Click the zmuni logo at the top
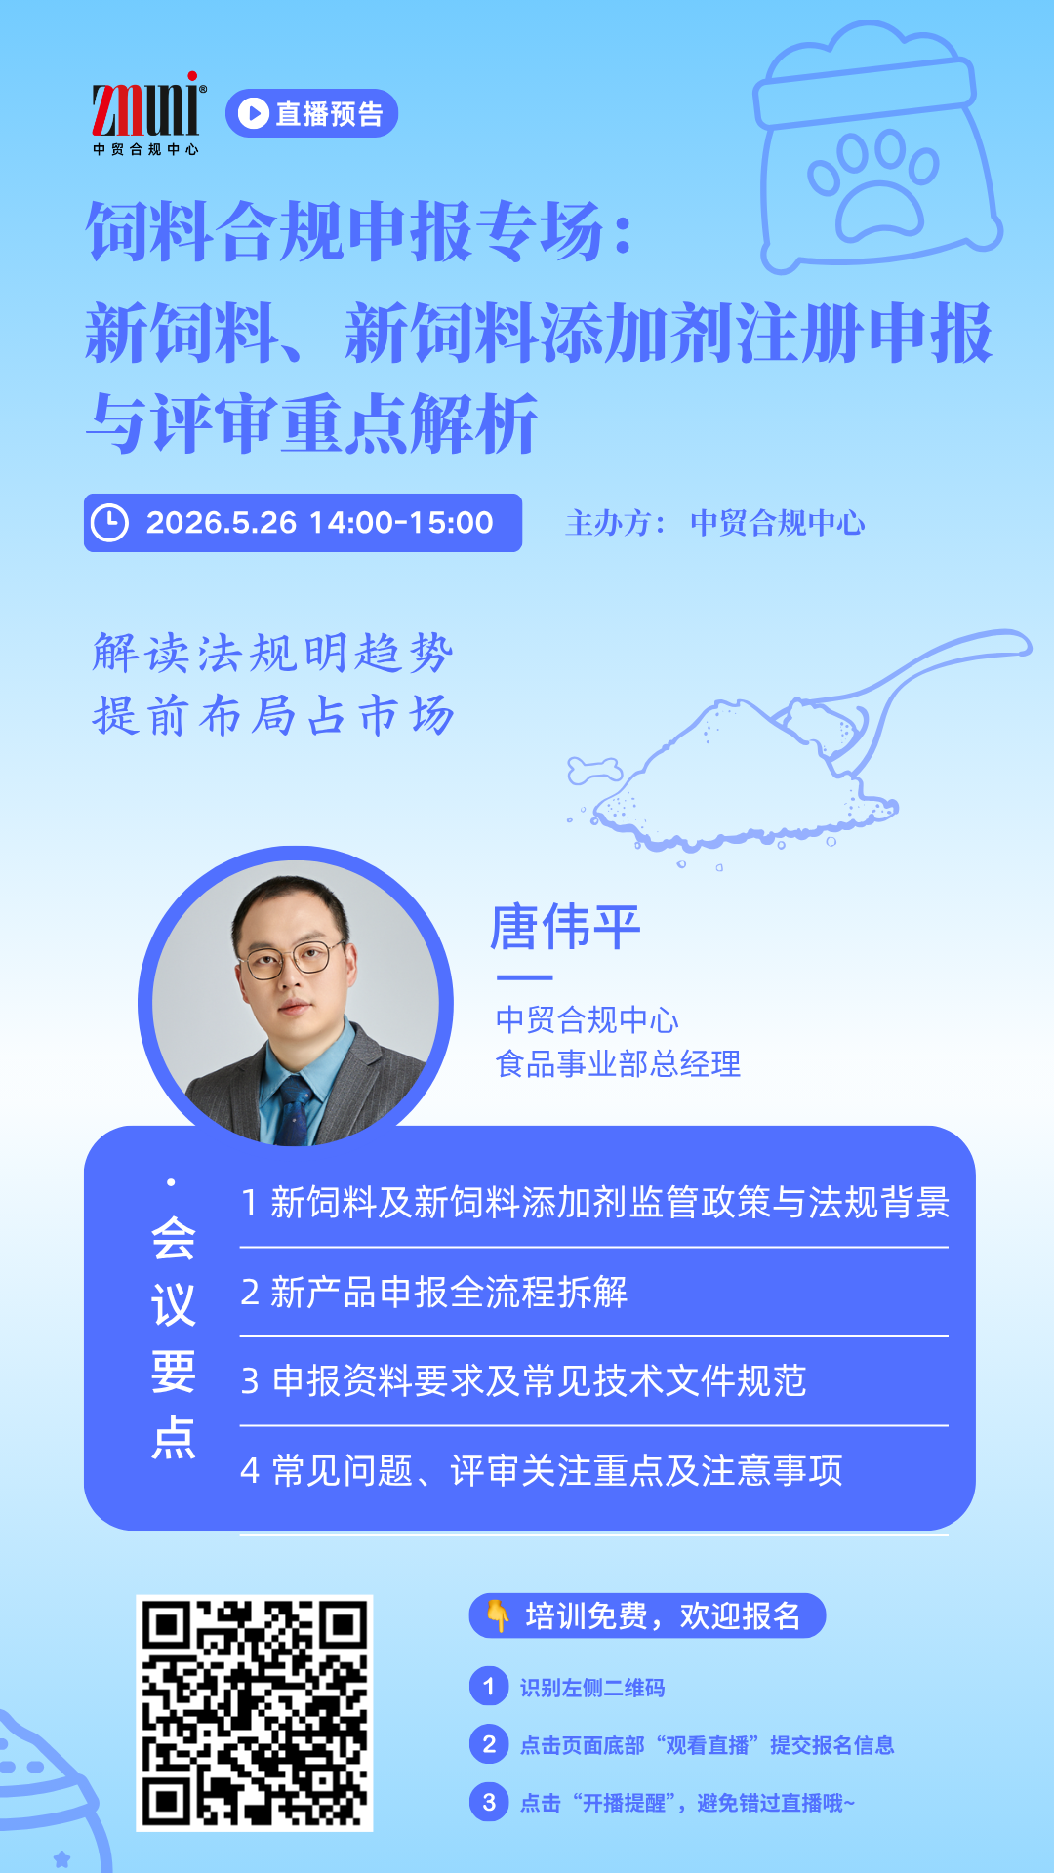coord(147,112)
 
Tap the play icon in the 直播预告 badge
coord(253,113)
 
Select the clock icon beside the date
coord(109,523)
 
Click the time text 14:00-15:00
coord(401,523)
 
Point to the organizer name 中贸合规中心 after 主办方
coord(777,523)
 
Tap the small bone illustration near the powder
coord(594,771)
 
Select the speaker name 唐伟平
coord(565,927)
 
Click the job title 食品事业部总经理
coord(618,1063)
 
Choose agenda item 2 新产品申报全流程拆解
coord(434,1293)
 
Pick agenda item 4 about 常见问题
coord(542,1470)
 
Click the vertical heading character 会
coord(174,1239)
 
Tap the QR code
coord(255,1713)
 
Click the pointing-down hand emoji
coord(498,1615)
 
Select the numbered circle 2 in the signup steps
coord(489,1744)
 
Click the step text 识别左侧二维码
coord(592,1688)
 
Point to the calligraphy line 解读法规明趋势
coord(273,653)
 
